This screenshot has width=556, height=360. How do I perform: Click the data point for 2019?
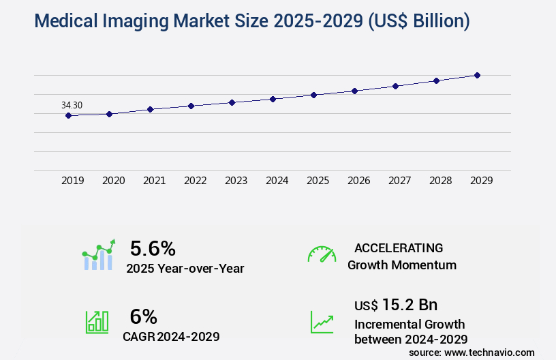68,115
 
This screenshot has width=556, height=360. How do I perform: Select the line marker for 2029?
477,75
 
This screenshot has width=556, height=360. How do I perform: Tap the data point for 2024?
273,99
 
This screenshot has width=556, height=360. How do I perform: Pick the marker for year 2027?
395,86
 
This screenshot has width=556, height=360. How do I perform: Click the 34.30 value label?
72,105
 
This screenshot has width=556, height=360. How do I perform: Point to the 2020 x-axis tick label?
114,181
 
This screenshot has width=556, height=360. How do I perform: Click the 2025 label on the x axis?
318,181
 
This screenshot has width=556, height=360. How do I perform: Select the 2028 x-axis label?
441,181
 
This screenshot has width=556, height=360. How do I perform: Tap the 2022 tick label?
196,181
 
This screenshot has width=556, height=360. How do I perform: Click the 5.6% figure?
153,248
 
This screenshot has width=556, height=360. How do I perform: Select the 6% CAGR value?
143,316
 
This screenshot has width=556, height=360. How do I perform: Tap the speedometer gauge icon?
322,254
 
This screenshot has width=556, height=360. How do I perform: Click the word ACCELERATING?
399,247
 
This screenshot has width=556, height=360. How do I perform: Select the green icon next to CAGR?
97,322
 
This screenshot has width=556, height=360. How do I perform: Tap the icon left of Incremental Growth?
322,322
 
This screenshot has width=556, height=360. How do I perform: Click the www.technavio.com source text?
489,352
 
